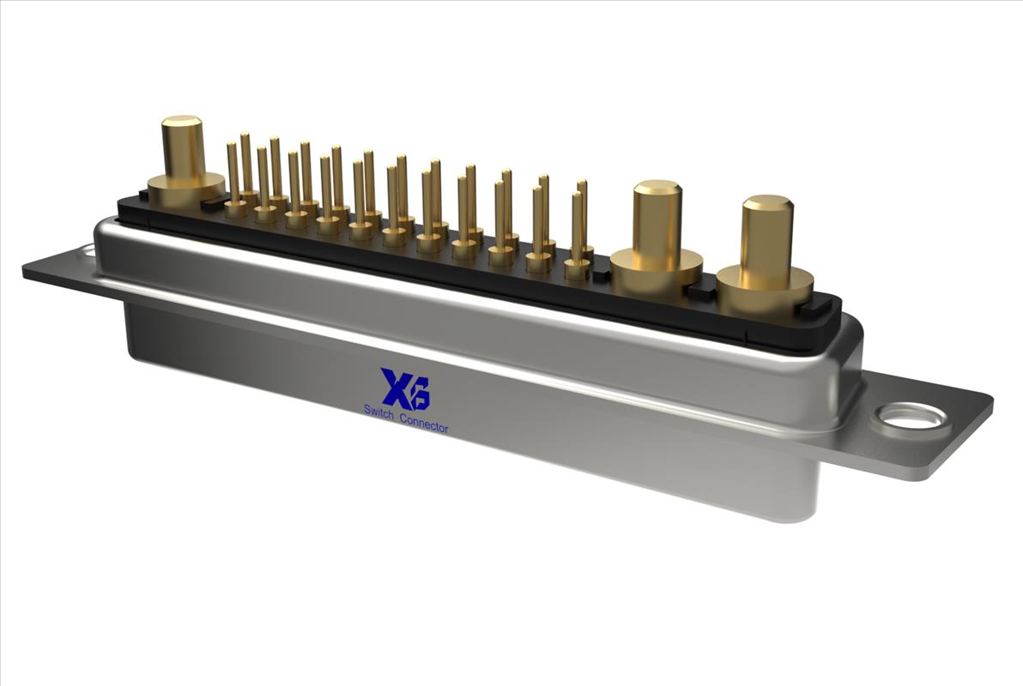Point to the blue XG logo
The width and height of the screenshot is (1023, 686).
click(x=405, y=389)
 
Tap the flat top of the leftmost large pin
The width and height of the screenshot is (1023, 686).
click(x=182, y=122)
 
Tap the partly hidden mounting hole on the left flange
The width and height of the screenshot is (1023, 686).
click(x=86, y=250)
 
